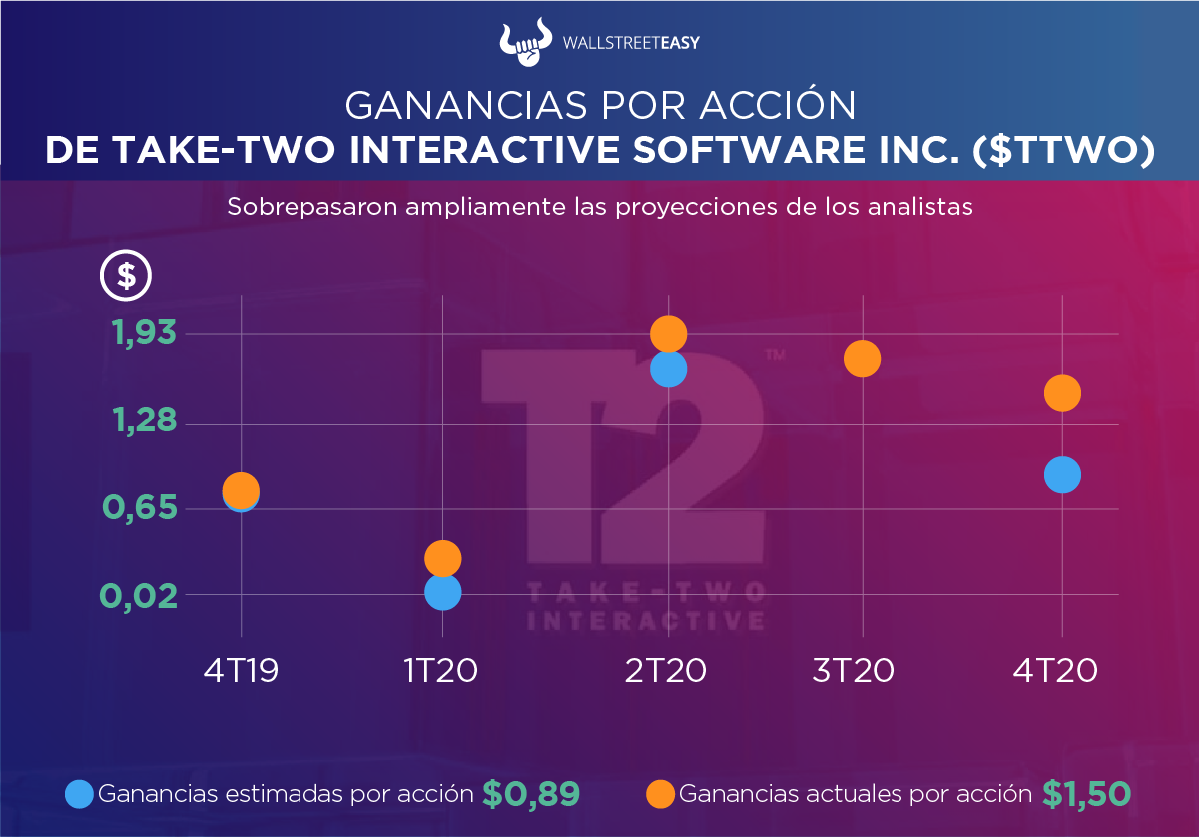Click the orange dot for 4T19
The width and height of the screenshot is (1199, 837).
[x=241, y=490]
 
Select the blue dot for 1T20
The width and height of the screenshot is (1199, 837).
[x=442, y=592]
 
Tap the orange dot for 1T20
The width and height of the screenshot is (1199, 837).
[x=442, y=558]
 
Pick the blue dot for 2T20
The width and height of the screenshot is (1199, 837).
[x=668, y=369]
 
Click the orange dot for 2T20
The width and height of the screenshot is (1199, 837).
[x=668, y=334]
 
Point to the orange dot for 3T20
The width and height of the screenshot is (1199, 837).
[x=862, y=359]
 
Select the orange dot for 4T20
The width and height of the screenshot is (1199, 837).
[x=1062, y=393]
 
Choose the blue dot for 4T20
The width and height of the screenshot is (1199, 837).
[x=1062, y=475]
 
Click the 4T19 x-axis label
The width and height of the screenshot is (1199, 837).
[x=241, y=670]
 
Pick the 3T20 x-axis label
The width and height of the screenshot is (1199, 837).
[x=853, y=670]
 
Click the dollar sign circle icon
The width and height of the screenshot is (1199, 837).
[x=126, y=275]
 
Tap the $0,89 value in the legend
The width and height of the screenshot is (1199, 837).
[x=531, y=794]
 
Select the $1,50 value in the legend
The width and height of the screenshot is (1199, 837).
[x=1086, y=794]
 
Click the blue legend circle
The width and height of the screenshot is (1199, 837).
[x=79, y=794]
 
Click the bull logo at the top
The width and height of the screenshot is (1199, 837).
[x=525, y=41]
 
